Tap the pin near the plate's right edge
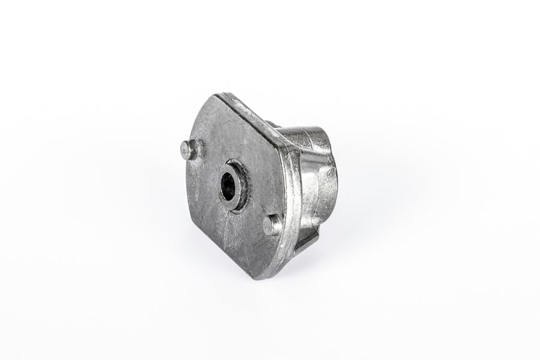point(272,225)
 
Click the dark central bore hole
point(228,186)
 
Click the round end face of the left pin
point(187,150)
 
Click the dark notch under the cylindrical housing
point(307,240)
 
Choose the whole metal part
point(258,186)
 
